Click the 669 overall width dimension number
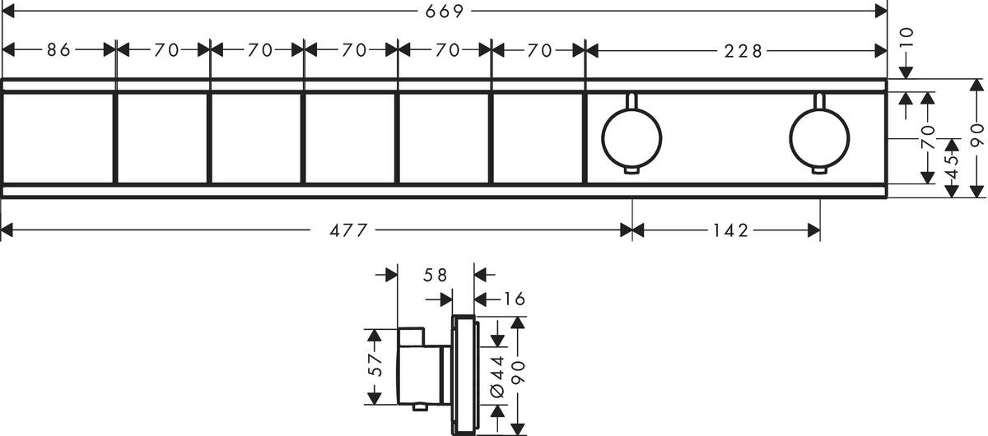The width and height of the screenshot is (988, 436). (x=445, y=11)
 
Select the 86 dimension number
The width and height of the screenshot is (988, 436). (x=58, y=50)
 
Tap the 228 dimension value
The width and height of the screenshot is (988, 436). (x=743, y=50)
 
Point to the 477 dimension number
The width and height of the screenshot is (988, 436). (x=348, y=231)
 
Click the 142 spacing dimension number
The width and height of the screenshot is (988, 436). (x=726, y=231)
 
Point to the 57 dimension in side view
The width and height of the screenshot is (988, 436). (x=375, y=366)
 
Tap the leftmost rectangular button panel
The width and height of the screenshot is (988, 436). (x=58, y=137)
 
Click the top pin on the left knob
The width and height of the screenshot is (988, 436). (x=631, y=101)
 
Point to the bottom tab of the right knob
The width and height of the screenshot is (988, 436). (x=818, y=170)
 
